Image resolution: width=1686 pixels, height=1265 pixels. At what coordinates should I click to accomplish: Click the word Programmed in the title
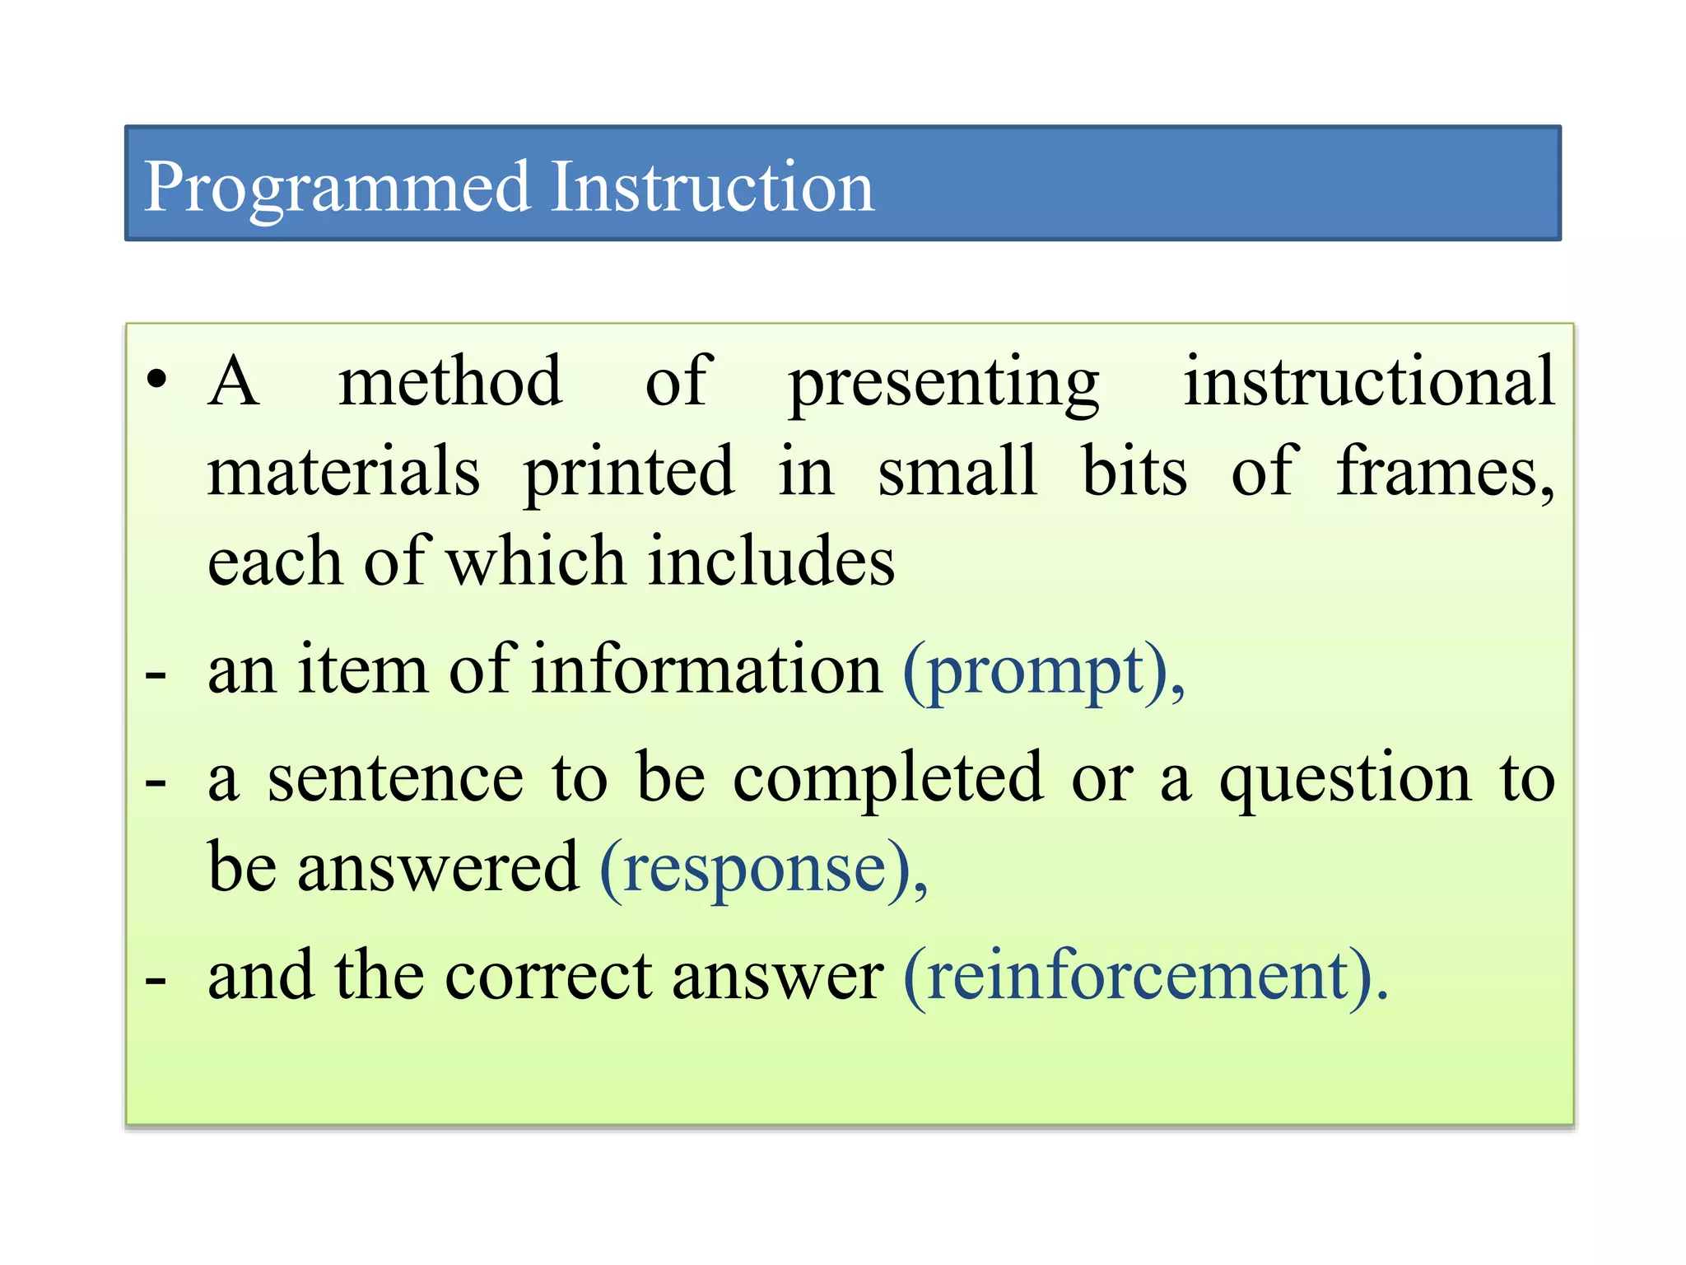coord(337,188)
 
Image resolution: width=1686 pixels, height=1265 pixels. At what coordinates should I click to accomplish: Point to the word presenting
coord(943,384)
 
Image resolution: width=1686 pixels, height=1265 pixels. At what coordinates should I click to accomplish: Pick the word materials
coord(343,472)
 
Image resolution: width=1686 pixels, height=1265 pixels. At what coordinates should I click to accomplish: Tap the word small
coord(957,471)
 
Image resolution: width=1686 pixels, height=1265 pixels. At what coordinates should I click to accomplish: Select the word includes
coord(771,562)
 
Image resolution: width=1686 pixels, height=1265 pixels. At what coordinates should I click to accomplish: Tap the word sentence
coord(396,779)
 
